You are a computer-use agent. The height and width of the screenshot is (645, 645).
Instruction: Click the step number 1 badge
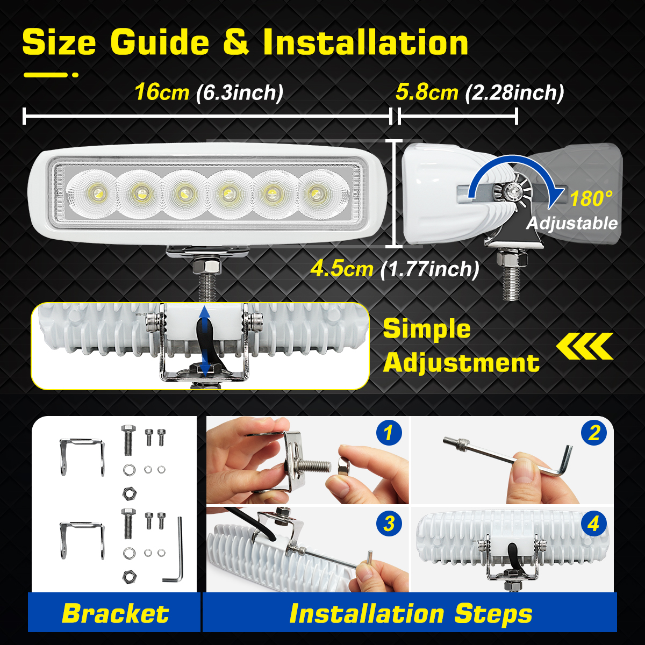389,433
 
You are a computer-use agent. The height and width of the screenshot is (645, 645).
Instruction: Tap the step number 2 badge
593,433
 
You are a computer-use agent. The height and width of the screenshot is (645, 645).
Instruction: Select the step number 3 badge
389,524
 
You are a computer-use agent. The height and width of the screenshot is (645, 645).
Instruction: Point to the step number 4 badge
593,524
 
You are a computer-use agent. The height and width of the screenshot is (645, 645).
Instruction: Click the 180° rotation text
590,199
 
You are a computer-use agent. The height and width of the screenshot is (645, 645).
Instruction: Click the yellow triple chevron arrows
585,346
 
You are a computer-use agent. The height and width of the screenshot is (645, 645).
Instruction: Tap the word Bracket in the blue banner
115,614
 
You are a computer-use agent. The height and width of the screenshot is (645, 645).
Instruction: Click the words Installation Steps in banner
411,614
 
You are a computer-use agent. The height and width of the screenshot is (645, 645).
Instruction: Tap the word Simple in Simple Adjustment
427,329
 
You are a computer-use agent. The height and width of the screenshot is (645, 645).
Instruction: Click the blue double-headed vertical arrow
204,340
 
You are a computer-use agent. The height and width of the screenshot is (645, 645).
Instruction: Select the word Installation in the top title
365,43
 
